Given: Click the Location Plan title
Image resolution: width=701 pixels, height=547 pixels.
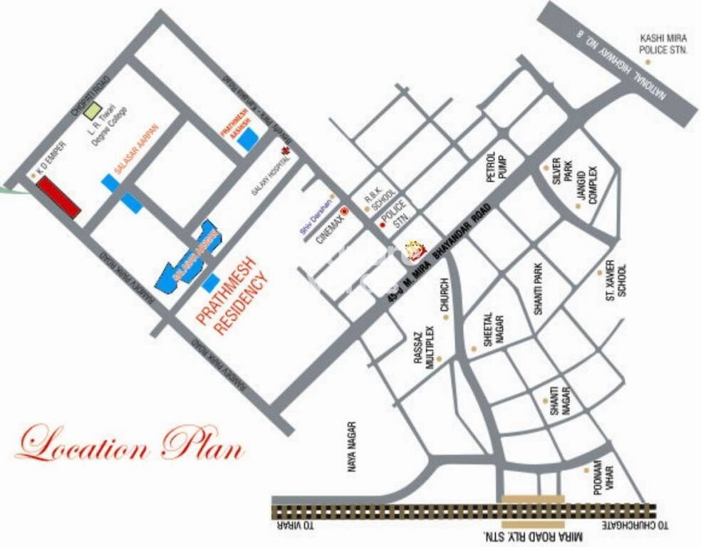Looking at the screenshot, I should click(130, 443).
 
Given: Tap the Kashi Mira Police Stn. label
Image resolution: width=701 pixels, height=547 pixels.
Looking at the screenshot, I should click(663, 43).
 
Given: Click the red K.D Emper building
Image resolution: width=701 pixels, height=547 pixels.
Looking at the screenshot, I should click(58, 197).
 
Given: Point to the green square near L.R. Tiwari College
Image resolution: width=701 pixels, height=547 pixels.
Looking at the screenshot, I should click(92, 110).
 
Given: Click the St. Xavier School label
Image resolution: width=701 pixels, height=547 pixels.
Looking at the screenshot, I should click(616, 282).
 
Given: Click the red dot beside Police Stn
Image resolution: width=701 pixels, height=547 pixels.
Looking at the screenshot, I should click(383, 225).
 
